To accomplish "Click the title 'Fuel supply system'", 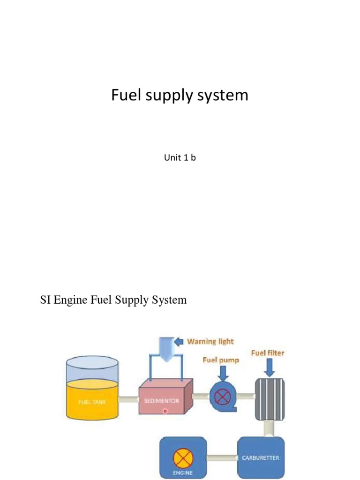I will [x=180, y=96].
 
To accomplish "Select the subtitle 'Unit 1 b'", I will [x=180, y=158].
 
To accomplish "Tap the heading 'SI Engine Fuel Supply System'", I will [x=113, y=300].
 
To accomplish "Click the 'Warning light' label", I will [x=210, y=341].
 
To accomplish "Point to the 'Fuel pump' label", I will [x=221, y=360].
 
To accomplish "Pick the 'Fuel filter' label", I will [x=268, y=352].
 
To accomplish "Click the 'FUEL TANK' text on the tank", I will [x=92, y=402].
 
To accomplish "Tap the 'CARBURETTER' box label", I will [x=261, y=457].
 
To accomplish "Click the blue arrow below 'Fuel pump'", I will [x=223, y=373].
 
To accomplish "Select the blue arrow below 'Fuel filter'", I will [x=270, y=367].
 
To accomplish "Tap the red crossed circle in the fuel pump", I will [x=221, y=397].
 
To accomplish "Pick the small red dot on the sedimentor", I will [x=165, y=411].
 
